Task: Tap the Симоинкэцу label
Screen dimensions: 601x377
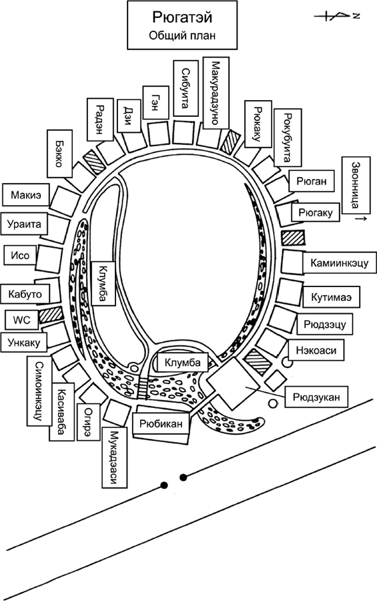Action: (x=39, y=389)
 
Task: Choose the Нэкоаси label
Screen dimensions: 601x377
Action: (x=309, y=348)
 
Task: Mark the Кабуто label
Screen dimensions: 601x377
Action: (x=26, y=292)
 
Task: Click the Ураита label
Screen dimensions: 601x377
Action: (x=25, y=224)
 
